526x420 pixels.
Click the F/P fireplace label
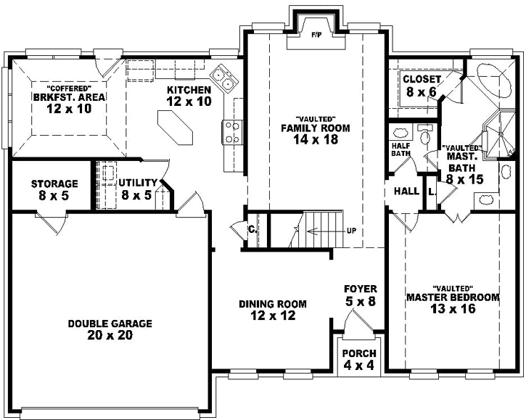(316, 34)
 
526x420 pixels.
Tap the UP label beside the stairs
(351, 231)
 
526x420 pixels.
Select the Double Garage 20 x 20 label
(111, 329)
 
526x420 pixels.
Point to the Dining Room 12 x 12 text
(272, 310)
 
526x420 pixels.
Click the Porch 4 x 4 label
(359, 359)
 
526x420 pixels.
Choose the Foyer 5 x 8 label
(360, 295)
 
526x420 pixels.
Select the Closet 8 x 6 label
(422, 86)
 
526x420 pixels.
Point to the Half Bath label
(401, 149)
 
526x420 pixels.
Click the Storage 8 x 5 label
(54, 189)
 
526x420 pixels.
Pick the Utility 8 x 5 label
(138, 188)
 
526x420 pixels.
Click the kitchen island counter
(175, 129)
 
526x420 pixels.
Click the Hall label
(406, 192)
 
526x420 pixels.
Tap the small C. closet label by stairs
(252, 229)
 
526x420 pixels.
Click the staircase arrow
(324, 232)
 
